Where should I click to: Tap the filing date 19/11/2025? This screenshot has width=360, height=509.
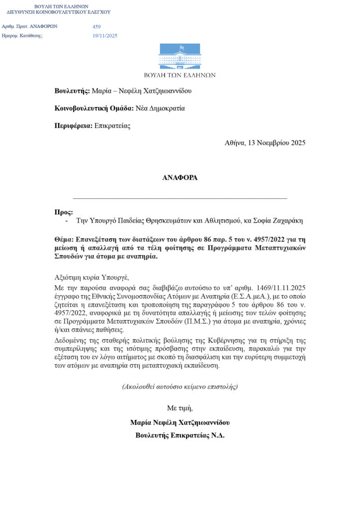click(105, 36)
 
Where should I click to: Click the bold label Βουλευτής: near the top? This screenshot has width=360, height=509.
click(72, 91)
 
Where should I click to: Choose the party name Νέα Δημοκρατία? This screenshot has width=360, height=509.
click(160, 108)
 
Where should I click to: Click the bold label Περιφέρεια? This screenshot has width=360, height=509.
click(74, 126)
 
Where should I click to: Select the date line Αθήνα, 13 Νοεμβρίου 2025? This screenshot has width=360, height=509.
click(265, 143)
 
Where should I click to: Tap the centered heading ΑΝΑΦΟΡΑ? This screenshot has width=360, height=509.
click(180, 178)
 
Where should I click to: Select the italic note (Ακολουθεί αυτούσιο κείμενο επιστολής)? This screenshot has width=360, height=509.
click(180, 387)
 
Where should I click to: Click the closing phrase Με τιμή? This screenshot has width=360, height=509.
click(180, 408)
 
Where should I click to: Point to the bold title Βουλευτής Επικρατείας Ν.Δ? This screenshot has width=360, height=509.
click(180, 435)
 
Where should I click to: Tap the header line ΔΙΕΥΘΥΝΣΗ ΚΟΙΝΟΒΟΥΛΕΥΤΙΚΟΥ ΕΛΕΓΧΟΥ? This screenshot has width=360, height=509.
click(59, 12)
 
